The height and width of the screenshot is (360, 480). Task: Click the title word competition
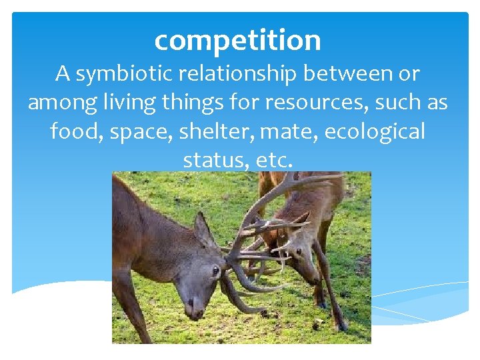pos(237,41)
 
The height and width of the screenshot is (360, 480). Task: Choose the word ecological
pos(375,131)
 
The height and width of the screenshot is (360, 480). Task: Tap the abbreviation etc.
pos(275,161)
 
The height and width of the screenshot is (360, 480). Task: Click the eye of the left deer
pos(215,271)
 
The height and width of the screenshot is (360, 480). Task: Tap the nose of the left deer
pos(194,311)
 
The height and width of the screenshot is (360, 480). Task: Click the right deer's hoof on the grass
pos(341,326)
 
